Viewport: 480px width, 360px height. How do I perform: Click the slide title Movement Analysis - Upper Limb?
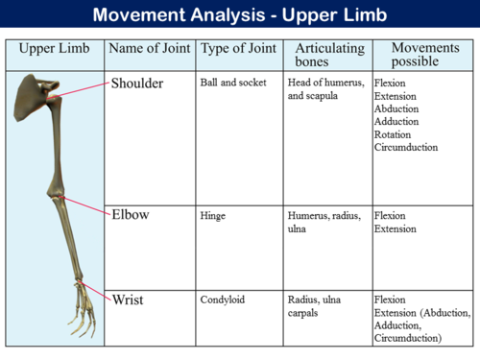(240, 16)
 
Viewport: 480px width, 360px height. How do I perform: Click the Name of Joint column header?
(149, 49)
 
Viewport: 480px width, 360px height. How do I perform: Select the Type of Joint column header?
(239, 49)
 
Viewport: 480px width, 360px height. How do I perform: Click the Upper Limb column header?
(55, 49)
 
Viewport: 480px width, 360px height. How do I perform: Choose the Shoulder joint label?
(137, 84)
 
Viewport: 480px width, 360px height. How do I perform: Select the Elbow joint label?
(132, 214)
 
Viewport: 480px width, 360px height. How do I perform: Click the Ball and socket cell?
(229, 83)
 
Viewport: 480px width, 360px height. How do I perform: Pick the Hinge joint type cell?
(212, 216)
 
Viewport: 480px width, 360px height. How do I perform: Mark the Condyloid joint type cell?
(222, 300)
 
